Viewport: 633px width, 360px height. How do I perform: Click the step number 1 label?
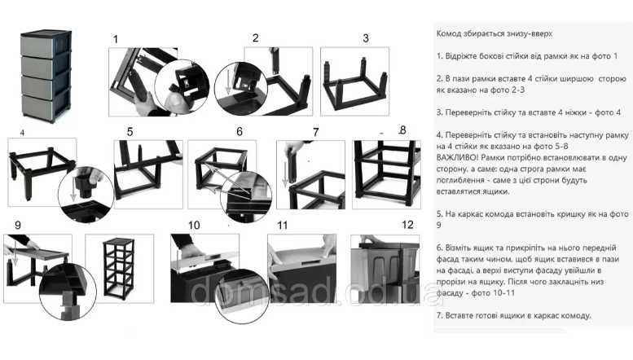(116, 39)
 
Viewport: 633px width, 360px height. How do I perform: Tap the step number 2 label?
(256, 38)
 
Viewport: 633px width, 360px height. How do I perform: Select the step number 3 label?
(366, 38)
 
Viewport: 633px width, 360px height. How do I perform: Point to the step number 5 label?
(130, 132)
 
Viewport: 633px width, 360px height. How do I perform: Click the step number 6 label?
(240, 132)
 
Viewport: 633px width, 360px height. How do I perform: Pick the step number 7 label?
(316, 132)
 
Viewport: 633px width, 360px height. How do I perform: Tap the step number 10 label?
(194, 225)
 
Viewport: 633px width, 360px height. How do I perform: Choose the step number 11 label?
(283, 225)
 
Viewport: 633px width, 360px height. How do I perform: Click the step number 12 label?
(407, 225)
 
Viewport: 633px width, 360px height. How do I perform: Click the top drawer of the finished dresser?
(38, 46)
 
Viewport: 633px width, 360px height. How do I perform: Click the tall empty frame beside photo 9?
(119, 268)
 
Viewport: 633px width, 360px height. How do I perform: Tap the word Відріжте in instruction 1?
(462, 56)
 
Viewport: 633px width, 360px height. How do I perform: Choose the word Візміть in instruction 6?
(459, 248)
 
